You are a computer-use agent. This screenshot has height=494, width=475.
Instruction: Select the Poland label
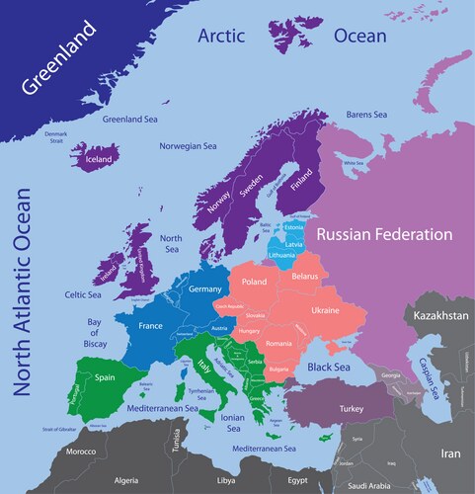pyautogui.click(x=255, y=282)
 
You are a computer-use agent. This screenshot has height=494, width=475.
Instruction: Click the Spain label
pyautogui.click(x=107, y=376)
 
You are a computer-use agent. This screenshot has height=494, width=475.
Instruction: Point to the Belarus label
pyautogui.click(x=304, y=278)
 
